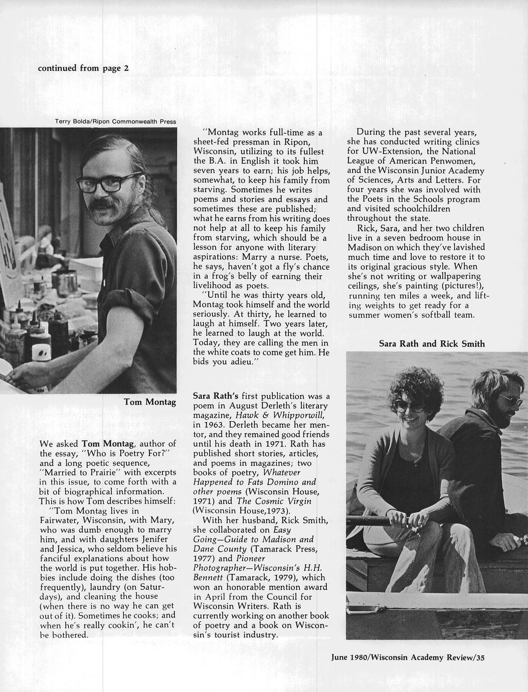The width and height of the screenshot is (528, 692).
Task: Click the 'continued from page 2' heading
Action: (83, 68)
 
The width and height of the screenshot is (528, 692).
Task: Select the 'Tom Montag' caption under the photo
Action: (150, 402)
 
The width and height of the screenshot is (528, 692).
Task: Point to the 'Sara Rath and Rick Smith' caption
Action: (432, 343)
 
